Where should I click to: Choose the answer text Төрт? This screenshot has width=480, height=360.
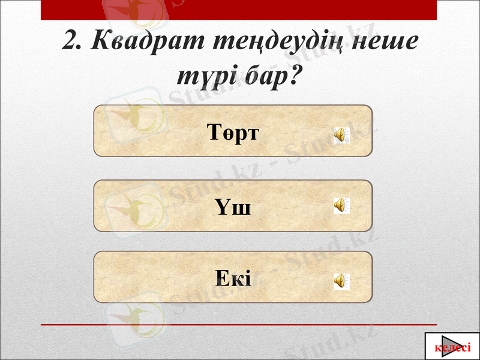(233, 131)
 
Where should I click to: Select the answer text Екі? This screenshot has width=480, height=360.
(233, 278)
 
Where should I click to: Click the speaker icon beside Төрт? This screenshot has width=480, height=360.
(342, 134)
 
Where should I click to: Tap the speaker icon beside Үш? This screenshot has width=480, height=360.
(342, 206)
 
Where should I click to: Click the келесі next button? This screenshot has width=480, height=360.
(452, 347)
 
